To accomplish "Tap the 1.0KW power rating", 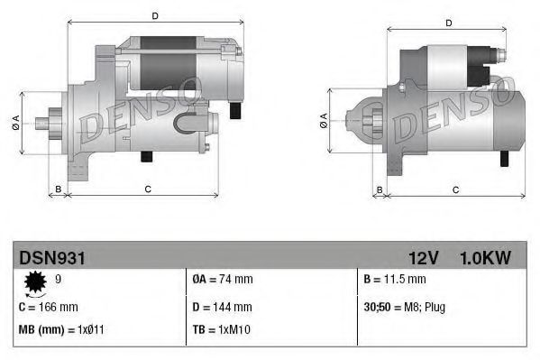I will click(x=485, y=258).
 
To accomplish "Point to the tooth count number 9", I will click(x=59, y=280).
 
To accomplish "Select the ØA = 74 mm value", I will click(x=223, y=281).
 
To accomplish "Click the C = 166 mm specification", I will click(x=49, y=307).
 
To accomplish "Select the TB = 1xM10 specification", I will click(x=222, y=331).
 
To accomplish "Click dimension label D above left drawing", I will click(x=155, y=16).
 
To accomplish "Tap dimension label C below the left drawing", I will click(x=147, y=189).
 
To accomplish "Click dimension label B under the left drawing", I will click(x=59, y=189).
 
